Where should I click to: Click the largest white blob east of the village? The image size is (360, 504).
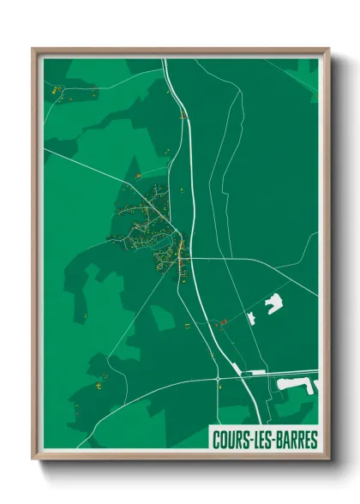pyautogui.click(x=274, y=302)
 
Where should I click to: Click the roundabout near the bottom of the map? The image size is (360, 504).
pyautogui.click(x=219, y=378)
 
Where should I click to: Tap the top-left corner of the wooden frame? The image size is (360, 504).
pyautogui.click(x=35, y=51)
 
